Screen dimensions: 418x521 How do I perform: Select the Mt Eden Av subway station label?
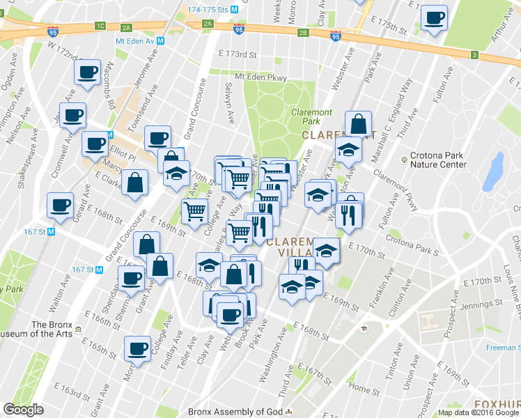(139, 40)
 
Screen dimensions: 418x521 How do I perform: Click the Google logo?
(23, 410)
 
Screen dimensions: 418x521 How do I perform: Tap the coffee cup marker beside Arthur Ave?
(435, 19)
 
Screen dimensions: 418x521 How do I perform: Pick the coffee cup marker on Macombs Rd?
(88, 75)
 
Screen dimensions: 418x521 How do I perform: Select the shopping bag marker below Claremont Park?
(358, 125)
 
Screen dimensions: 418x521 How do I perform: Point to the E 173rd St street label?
(238, 54)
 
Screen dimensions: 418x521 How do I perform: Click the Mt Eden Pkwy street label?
(260, 77)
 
